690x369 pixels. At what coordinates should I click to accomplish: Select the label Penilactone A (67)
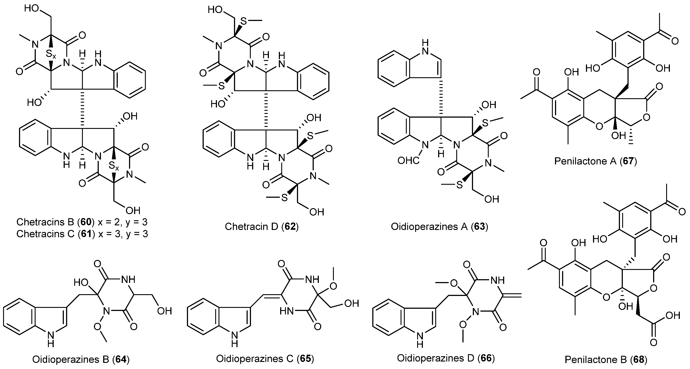click(595, 161)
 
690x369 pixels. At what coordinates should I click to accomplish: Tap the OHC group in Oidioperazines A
click(409, 160)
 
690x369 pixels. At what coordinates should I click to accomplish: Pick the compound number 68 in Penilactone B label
click(638, 359)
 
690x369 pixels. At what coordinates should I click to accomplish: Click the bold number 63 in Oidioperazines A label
click(479, 227)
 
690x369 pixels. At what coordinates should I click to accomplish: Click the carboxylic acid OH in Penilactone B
click(672, 316)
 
